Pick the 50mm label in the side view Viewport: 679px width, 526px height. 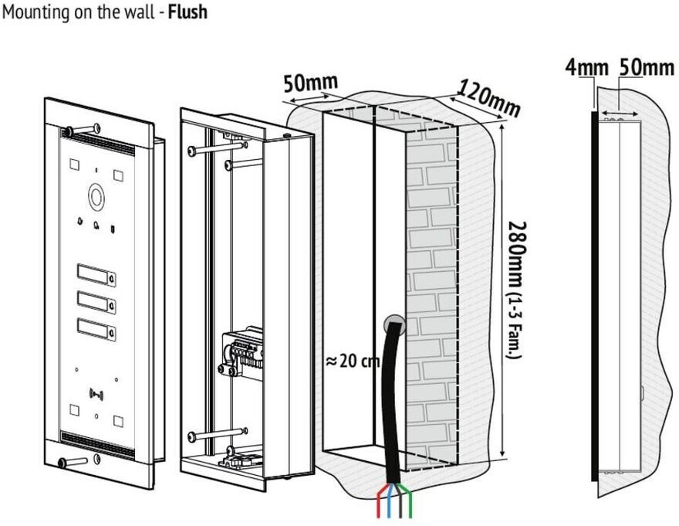point(647,68)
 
